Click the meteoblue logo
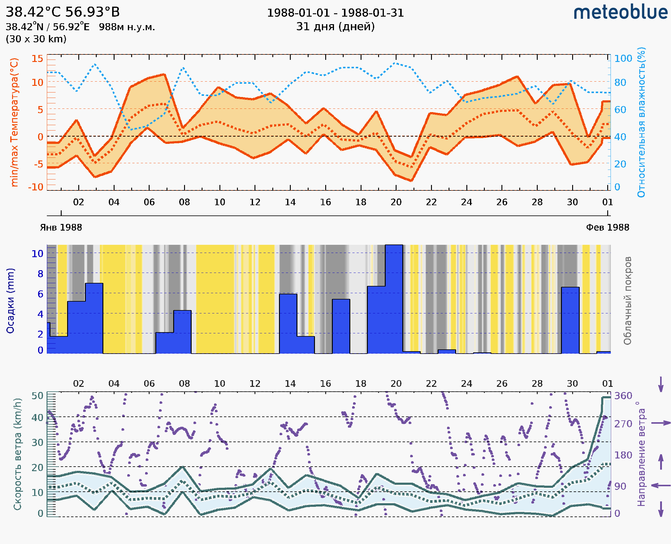coord(621,12)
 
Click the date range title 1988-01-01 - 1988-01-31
coord(335,13)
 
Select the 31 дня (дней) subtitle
coord(335,27)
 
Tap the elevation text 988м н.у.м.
coord(127,27)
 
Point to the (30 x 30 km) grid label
coord(36,39)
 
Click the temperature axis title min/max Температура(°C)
coord(14,122)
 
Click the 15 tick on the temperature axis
coord(37,59)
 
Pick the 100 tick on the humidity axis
coord(623,59)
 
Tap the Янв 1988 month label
coord(61,228)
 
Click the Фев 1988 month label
coord(608,228)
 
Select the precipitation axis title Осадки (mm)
coord(10,301)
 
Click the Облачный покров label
coord(627,301)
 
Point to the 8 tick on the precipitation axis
coord(40,274)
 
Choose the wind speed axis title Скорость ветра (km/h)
coord(18,454)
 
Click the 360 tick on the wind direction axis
coord(623,396)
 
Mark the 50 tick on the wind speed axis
coord(37,396)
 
